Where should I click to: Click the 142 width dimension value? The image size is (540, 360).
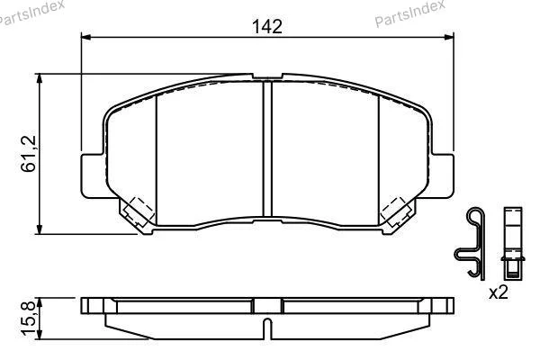[267, 26]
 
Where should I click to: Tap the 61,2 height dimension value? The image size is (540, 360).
[29, 154]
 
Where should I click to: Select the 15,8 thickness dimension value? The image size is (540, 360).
[29, 318]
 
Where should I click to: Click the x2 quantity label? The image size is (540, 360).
[499, 292]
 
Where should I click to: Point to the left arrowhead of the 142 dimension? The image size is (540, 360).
[85, 37]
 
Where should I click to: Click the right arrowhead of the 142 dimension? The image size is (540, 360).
[449, 37]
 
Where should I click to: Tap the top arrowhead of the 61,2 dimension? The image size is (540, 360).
[40, 78]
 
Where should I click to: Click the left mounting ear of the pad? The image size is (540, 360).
[93, 176]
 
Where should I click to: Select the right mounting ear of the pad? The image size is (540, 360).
[442, 176]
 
